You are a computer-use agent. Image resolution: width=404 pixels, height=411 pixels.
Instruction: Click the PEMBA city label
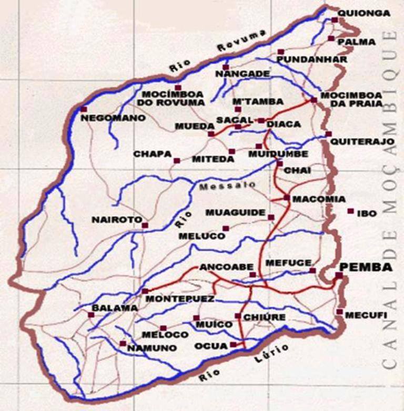point(366,267)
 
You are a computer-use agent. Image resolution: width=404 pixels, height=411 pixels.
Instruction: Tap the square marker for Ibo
point(350,211)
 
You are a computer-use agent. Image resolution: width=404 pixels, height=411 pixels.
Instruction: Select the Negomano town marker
point(84,109)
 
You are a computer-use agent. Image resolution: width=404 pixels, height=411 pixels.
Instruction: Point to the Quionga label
point(364,13)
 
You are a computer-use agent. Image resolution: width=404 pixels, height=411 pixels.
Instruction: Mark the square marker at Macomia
point(287,198)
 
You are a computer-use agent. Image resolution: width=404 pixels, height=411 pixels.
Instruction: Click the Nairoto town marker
point(145,226)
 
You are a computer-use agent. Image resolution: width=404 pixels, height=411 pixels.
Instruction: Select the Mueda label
point(188,126)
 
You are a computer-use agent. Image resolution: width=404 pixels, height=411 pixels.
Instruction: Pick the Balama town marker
point(91,315)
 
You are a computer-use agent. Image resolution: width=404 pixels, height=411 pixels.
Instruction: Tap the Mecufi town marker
point(340,311)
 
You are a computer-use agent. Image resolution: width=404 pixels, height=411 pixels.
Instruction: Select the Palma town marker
point(331,38)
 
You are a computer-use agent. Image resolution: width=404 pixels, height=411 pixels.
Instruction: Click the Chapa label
point(153,154)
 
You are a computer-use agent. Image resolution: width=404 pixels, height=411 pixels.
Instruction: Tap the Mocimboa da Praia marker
point(314,100)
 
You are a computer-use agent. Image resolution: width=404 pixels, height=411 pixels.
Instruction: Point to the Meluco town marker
point(226,228)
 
